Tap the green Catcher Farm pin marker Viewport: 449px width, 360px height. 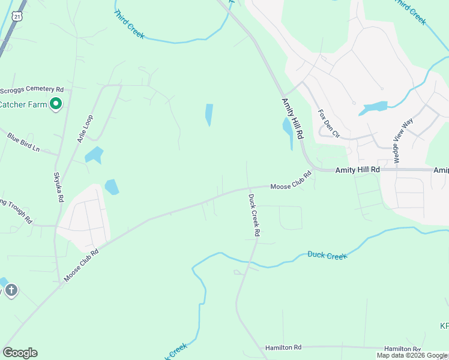coord(56,104)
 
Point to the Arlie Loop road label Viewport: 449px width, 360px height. coord(85,128)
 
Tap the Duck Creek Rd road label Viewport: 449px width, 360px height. coord(254,214)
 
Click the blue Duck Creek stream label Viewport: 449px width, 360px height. coord(327,255)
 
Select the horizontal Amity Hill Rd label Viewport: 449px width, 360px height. coord(357,170)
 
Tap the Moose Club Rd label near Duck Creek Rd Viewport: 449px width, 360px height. coord(291,181)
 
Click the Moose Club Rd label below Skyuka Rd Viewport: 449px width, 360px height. coord(80,266)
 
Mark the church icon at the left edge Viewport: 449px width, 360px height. coord(11,291)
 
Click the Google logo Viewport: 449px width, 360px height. coord(20,353)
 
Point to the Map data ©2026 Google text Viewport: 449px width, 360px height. coord(412,355)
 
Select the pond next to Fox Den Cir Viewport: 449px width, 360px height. coord(373,109)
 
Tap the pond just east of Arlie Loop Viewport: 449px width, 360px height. coord(94,155)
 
